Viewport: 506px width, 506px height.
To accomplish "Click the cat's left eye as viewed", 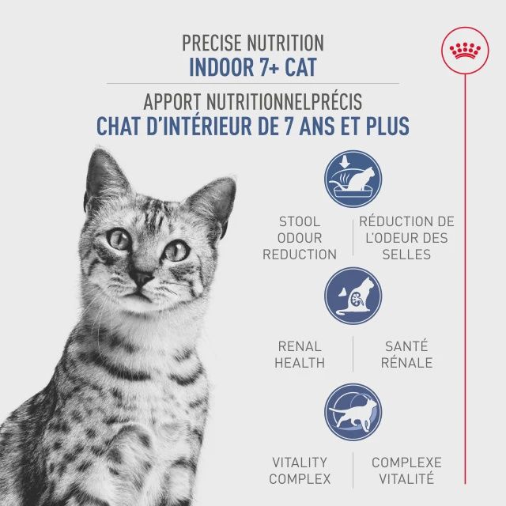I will [119, 239].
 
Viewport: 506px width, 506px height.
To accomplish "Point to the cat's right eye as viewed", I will [176, 251].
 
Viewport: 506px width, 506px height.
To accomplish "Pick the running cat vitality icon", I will [353, 412].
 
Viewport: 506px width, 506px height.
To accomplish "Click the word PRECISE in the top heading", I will [210, 43].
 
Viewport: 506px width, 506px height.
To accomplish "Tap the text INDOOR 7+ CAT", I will [253, 66].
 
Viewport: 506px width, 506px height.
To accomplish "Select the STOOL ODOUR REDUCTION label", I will [299, 238].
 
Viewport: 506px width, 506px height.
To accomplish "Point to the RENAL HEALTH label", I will [300, 354].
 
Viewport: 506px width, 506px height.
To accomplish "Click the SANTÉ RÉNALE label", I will [407, 354].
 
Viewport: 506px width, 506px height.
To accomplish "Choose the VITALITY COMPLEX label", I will [300, 470].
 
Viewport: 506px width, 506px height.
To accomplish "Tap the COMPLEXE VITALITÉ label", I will [406, 470].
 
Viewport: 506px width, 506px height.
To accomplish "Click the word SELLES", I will [406, 255].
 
